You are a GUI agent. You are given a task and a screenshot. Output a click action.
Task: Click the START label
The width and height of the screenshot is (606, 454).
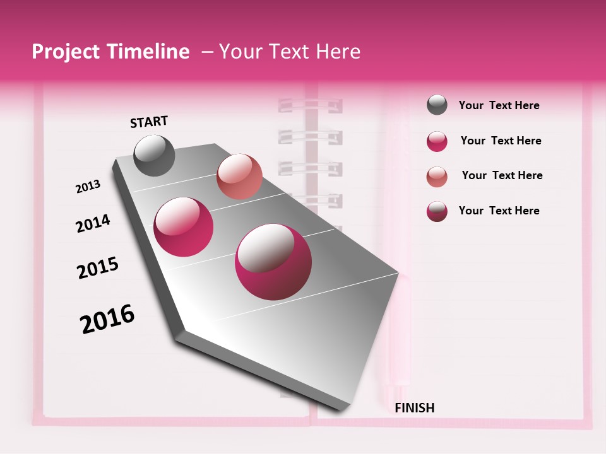[149, 122]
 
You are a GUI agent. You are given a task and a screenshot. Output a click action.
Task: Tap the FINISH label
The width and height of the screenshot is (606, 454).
[414, 408]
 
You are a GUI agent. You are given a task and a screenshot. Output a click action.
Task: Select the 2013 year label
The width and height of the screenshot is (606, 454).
[88, 187]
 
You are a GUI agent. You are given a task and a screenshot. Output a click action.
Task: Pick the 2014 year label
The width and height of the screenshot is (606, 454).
[93, 223]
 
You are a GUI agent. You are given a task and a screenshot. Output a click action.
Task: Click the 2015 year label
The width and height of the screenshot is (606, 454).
[97, 268]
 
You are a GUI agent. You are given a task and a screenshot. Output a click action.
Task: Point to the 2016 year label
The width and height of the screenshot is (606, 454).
[107, 319]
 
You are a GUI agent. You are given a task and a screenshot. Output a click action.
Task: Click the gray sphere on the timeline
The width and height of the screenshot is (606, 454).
[154, 155]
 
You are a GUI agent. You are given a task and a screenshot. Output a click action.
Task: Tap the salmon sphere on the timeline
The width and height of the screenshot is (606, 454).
[239, 177]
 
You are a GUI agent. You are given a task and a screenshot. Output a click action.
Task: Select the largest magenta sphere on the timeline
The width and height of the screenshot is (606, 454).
[273, 262]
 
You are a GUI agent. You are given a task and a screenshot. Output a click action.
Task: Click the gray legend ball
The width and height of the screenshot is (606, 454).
[437, 105]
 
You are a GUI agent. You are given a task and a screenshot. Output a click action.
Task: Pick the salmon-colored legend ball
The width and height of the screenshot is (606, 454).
[437, 177]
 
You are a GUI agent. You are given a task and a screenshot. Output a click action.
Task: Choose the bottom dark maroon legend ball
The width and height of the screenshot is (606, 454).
[437, 211]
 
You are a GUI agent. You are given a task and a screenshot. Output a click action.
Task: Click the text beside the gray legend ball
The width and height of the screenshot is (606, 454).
[499, 105]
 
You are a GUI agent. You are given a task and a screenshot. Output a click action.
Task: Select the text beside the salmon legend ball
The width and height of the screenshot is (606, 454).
[502, 175]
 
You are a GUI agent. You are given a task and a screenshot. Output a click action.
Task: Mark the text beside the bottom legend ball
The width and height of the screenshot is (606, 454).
[499, 211]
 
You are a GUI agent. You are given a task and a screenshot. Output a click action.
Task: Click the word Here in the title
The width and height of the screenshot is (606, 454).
[338, 52]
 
